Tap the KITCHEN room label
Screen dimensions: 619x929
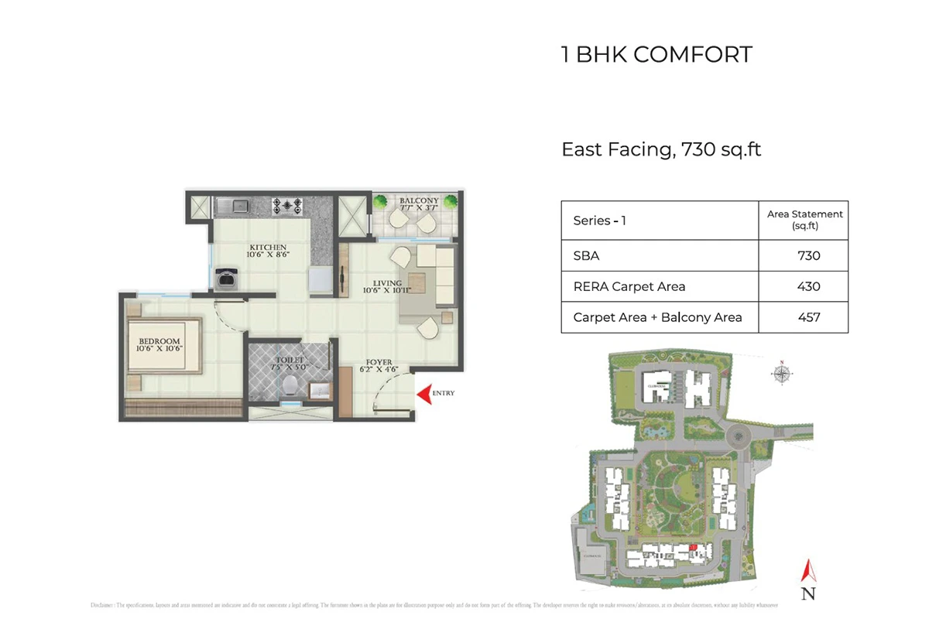click(x=268, y=248)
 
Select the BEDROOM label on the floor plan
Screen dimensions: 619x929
click(x=159, y=341)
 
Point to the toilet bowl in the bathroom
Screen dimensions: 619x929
click(x=290, y=384)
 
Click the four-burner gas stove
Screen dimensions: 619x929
click(x=286, y=206)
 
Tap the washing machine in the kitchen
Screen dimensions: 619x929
click(x=226, y=277)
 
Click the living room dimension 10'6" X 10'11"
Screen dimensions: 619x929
click(x=386, y=291)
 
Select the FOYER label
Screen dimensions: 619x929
click(x=379, y=361)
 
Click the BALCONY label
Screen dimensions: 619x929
click(x=419, y=201)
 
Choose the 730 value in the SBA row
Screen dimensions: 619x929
click(x=808, y=255)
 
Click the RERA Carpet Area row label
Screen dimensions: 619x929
click(x=629, y=286)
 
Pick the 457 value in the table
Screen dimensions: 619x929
click(x=808, y=317)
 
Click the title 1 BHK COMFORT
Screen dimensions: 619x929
click(x=656, y=55)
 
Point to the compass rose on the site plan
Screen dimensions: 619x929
click(x=782, y=374)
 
